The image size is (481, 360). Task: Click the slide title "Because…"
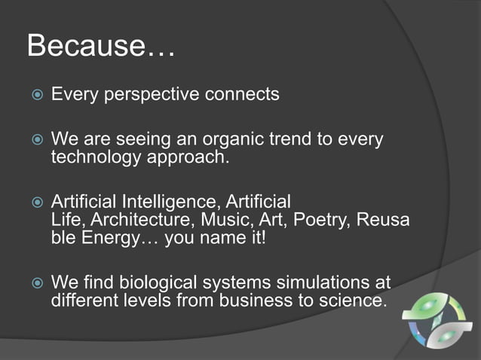101,47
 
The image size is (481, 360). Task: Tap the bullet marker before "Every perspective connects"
34,96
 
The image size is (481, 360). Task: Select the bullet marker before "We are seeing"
34,141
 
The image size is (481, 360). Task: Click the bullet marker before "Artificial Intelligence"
34,203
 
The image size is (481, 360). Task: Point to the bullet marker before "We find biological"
34,283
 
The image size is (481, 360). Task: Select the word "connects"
243,95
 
